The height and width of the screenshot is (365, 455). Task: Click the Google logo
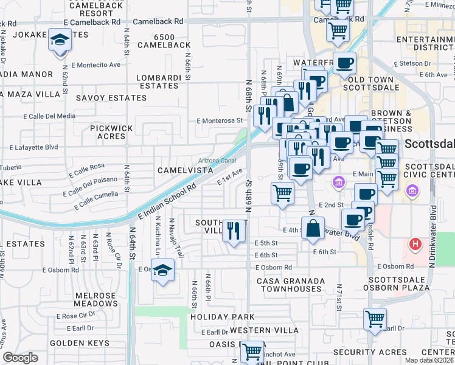tap(20, 358)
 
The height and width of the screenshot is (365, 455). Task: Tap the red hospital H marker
tap(416, 245)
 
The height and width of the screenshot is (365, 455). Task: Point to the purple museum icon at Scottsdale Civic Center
tap(413, 192)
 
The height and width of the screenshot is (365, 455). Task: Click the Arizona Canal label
tap(217, 161)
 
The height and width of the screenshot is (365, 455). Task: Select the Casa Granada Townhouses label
tap(291, 285)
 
